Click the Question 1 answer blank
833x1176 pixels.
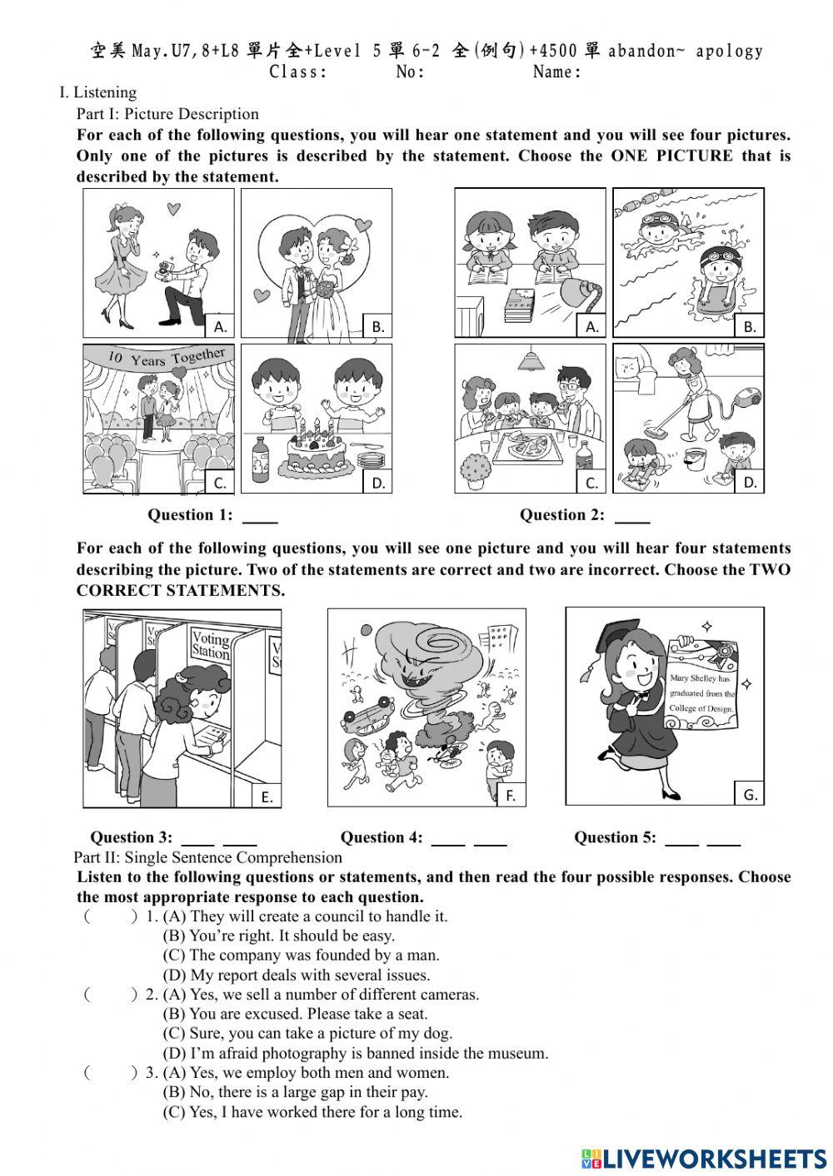click(259, 517)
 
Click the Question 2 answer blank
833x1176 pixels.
click(631, 517)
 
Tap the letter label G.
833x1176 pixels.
click(750, 795)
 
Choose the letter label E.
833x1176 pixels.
click(267, 796)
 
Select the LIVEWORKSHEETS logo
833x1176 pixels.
click(704, 1158)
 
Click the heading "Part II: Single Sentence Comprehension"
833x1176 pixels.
click(207, 857)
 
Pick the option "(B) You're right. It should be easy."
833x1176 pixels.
click(278, 935)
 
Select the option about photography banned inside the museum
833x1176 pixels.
click(355, 1053)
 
